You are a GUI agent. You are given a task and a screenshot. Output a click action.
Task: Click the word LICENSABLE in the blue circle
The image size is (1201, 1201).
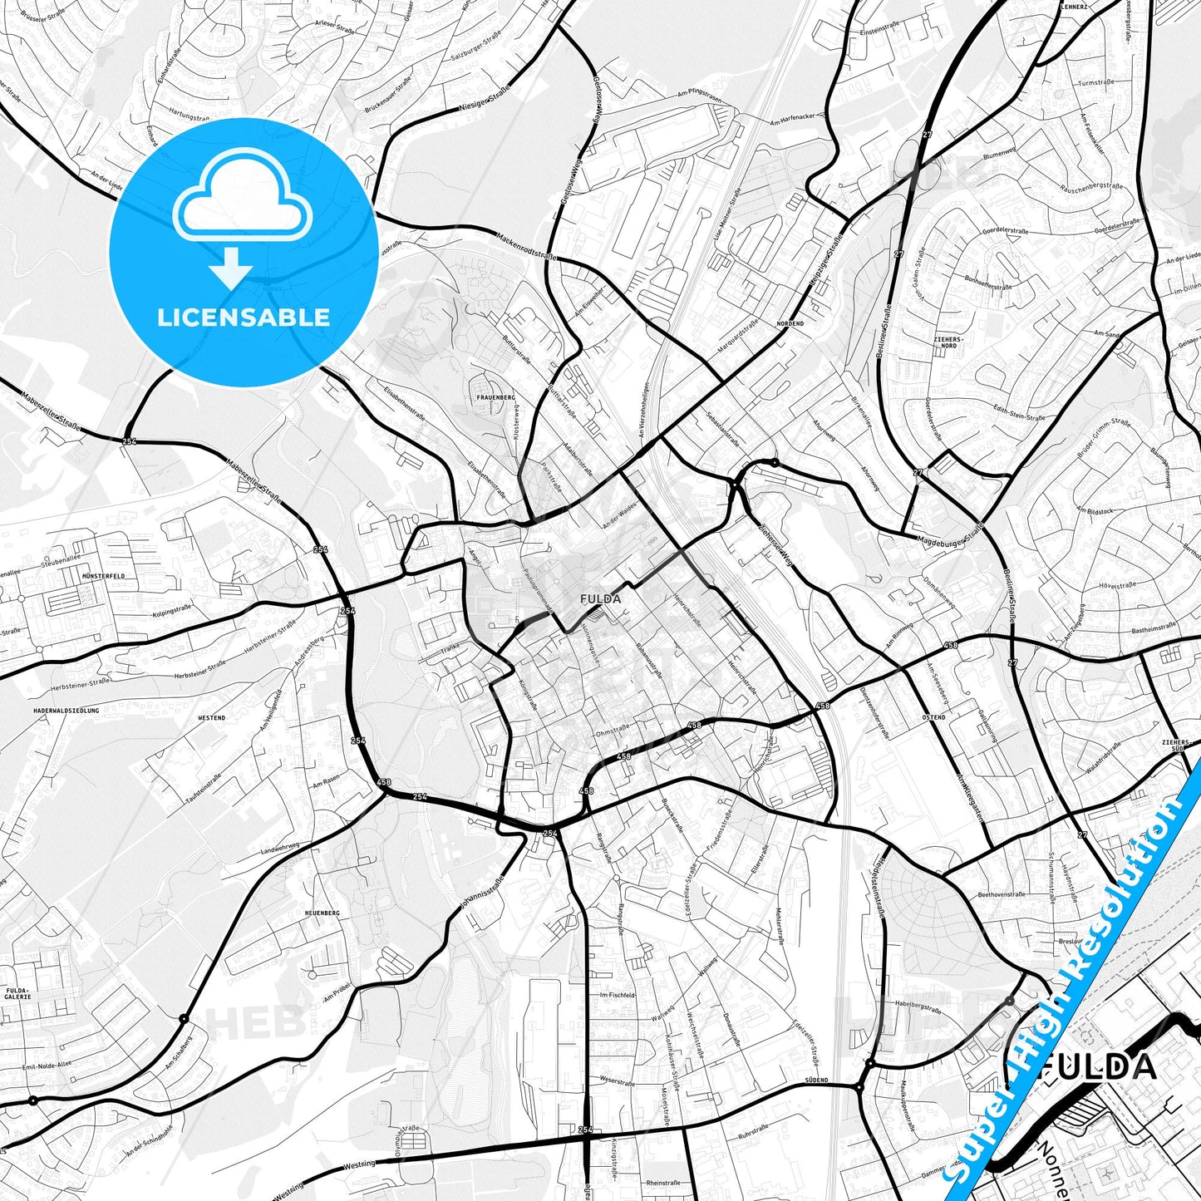[244, 317]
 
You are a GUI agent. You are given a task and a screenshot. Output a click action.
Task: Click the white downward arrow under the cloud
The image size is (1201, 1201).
[231, 268]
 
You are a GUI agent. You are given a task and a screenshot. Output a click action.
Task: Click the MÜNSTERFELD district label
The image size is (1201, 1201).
[104, 575]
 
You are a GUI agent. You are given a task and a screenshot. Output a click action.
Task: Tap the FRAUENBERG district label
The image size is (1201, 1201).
[496, 398]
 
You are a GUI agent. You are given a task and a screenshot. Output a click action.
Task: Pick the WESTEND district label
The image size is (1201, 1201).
[211, 717]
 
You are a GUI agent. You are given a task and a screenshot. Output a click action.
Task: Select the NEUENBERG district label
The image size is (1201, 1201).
[323, 913]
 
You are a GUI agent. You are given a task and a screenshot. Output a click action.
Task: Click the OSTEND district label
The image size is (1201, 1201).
[933, 716]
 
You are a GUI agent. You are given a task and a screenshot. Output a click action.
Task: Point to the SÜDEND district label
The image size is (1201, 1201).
[816, 1080]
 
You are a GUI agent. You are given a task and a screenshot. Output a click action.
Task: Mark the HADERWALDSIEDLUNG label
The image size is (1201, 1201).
[66, 711]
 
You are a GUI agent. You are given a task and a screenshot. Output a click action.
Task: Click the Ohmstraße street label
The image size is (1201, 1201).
[613, 731]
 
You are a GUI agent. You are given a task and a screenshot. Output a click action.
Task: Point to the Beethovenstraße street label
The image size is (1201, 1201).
[1002, 894]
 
